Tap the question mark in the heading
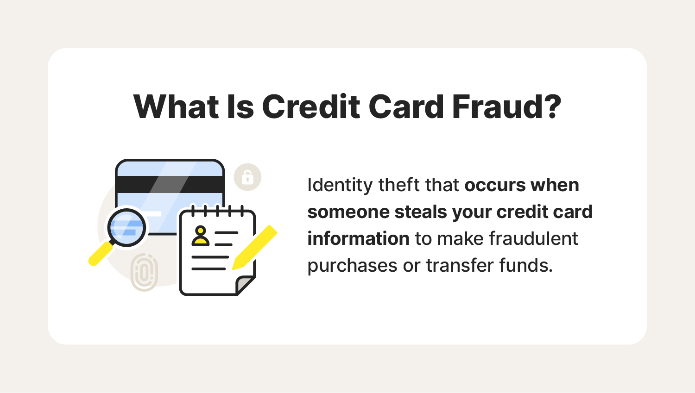pyautogui.click(x=553, y=106)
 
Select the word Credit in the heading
pyautogui.click(x=311, y=106)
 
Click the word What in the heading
pyautogui.click(x=176, y=106)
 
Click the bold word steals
pyautogui.click(x=420, y=212)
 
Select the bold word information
pyautogui.click(x=358, y=239)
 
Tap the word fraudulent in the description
pyautogui.click(x=534, y=239)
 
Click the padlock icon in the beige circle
pyautogui.click(x=247, y=177)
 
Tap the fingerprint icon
pyautogui.click(x=144, y=273)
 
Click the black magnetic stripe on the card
pyautogui.click(x=170, y=184)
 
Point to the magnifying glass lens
pyautogui.click(x=126, y=228)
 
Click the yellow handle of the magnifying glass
pyautogui.click(x=101, y=254)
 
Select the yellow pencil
pyautogui.click(x=254, y=247)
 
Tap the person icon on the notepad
pyautogui.click(x=201, y=236)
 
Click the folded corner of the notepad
pyautogui.click(x=245, y=285)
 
